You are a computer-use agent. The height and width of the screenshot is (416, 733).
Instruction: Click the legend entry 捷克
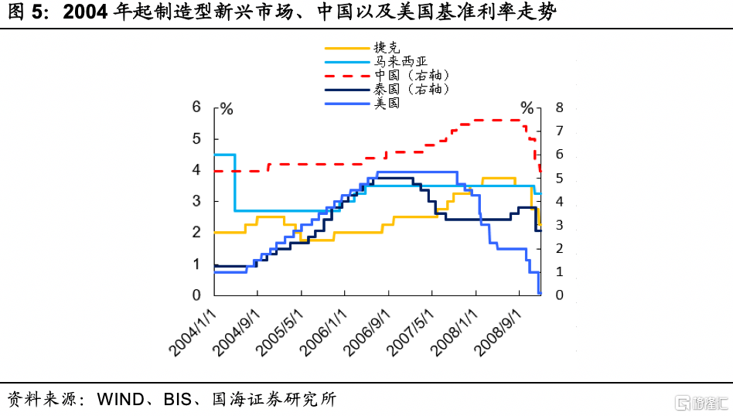(387, 49)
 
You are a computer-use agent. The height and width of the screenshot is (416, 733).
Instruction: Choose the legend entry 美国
(387, 102)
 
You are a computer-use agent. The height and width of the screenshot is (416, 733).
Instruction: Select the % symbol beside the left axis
(227, 108)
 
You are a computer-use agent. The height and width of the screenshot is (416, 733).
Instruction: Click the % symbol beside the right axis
(527, 107)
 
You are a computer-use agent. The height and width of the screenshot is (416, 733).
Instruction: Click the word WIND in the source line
(120, 400)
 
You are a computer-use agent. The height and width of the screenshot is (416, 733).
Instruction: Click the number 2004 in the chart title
(87, 13)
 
